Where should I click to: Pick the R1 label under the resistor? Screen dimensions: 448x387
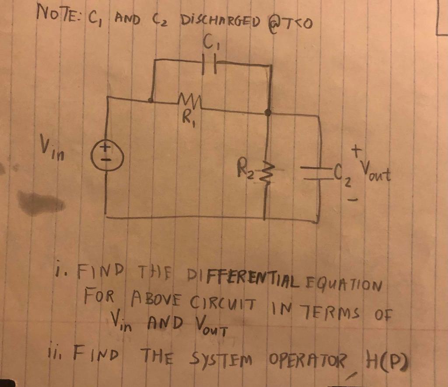189,117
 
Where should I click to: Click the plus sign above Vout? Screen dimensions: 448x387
357,150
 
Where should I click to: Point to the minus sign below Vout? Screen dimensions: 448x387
355,201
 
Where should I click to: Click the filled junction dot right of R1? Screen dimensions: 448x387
269,113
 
